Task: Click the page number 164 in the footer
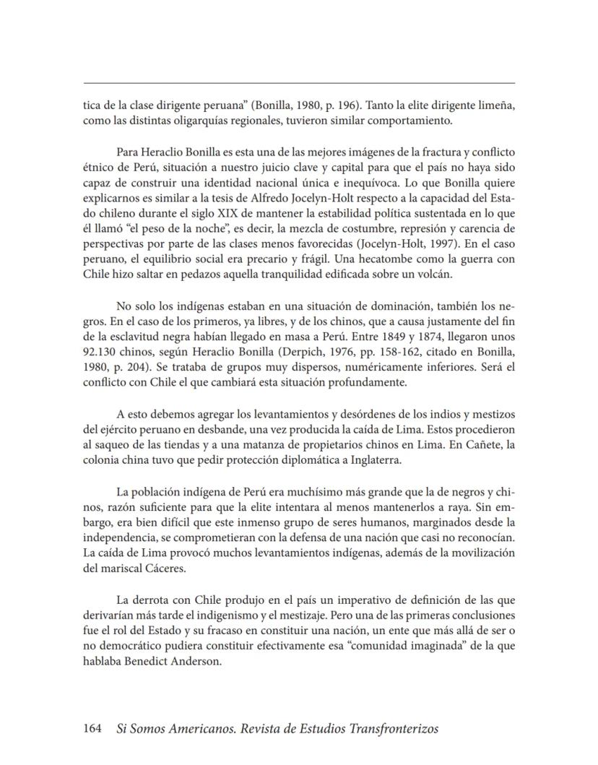click(93, 729)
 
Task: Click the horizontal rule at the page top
click(299, 83)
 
